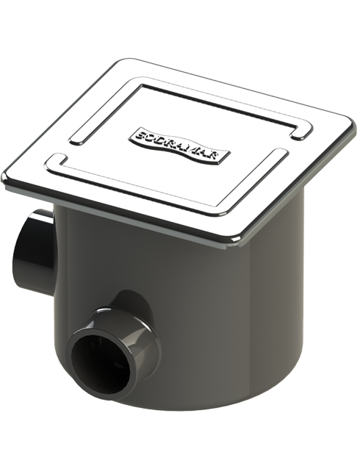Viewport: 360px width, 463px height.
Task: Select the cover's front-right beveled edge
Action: pyautogui.click(x=294, y=184)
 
